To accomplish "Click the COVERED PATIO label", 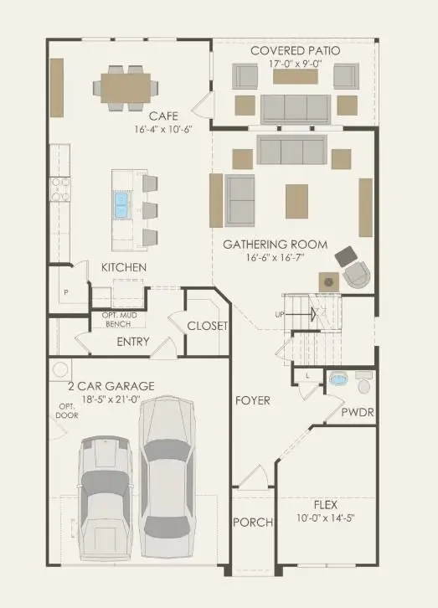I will tap(296, 51).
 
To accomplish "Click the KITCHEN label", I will tap(124, 267).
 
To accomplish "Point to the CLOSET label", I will tap(206, 326).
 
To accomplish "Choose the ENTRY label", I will tap(133, 342).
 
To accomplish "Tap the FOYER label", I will tap(252, 400).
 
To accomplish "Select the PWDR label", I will tap(357, 413).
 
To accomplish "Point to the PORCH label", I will tap(253, 523).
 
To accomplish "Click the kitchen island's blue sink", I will tap(121, 201).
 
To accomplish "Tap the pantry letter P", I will tap(64, 292).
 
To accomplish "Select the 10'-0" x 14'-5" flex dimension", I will tap(325, 518).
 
